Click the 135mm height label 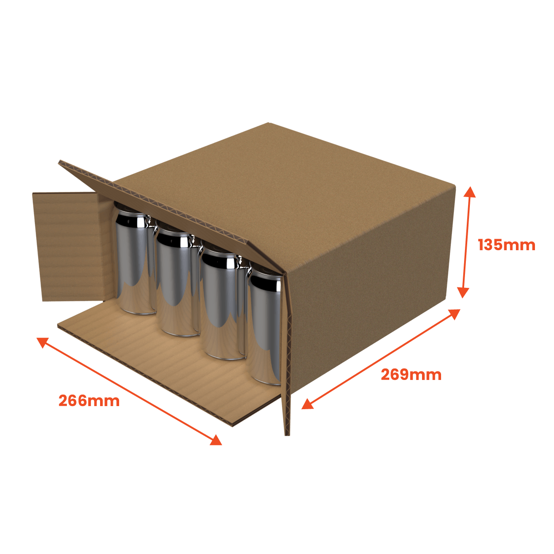[x=506, y=245]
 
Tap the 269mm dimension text [x=411, y=375]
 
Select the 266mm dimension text [x=89, y=401]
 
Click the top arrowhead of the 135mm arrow [x=470, y=191]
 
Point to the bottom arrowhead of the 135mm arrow [x=463, y=292]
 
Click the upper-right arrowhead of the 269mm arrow [x=455, y=314]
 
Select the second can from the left [x=175, y=283]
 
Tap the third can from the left [x=220, y=306]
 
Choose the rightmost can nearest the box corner [x=265, y=328]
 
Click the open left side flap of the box [x=71, y=246]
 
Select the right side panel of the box [x=372, y=288]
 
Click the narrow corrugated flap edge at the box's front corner [x=287, y=354]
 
